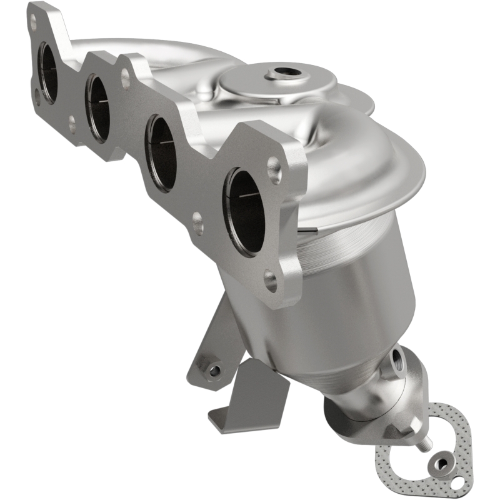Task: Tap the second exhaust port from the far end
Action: coord(98,106)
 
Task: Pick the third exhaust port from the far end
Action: coord(160,153)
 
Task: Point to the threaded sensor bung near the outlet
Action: coord(398,361)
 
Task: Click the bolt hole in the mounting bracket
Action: coord(214,371)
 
